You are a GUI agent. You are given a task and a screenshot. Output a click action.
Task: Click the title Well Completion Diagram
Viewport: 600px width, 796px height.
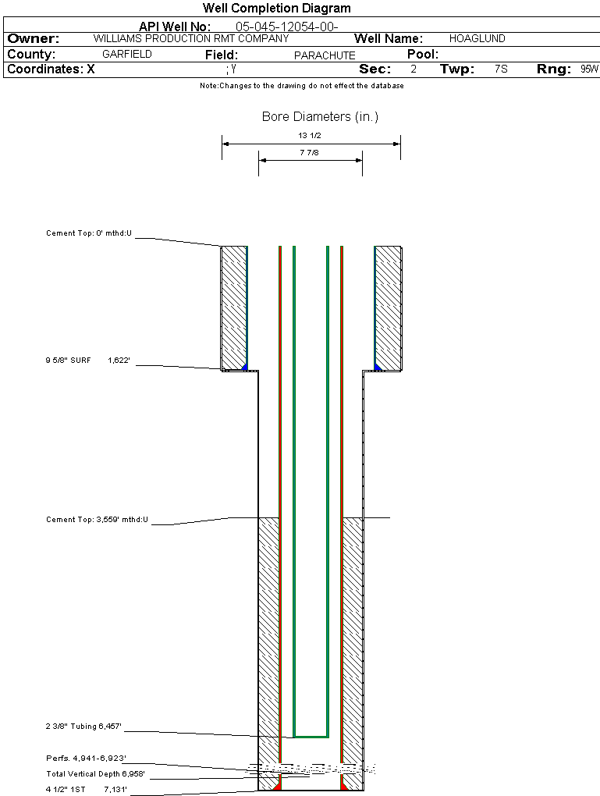tap(276, 9)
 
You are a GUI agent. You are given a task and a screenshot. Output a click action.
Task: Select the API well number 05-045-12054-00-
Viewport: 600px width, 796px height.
tap(286, 27)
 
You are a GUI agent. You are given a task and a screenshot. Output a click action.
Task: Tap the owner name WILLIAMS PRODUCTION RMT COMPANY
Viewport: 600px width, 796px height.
tap(190, 38)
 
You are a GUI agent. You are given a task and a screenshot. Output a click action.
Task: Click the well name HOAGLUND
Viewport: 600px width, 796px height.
tap(477, 38)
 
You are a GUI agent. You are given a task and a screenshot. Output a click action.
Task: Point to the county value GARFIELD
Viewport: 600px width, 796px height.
tap(127, 55)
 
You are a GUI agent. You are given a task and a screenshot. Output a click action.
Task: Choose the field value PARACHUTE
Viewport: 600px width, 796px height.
tap(325, 55)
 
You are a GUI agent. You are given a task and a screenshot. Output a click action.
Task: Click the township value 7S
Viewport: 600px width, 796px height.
tap(501, 69)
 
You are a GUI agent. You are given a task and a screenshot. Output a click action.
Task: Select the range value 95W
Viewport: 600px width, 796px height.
tap(589, 69)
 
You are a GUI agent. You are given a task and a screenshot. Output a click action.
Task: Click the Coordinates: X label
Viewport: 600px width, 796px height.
tap(51, 69)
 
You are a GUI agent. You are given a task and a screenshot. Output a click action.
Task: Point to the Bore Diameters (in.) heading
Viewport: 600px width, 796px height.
tap(320, 117)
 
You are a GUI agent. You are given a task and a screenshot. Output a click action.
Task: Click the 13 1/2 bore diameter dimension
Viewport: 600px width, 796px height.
tap(311, 135)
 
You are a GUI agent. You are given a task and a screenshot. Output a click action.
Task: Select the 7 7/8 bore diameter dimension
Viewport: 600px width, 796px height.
tap(310, 153)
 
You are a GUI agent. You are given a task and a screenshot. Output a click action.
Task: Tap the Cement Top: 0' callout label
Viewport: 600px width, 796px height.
tap(89, 233)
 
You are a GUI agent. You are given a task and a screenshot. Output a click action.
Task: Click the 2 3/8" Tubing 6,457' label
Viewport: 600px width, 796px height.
tap(83, 727)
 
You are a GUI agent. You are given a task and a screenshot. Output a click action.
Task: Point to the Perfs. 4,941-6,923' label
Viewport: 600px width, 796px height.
tap(86, 758)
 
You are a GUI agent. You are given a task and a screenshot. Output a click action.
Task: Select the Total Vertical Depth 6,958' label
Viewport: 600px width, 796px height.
tap(95, 774)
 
